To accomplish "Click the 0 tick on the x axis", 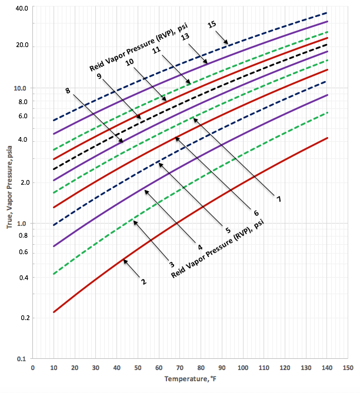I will tap(32, 367).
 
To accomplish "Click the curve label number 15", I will tap(212, 24).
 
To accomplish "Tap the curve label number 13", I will tap(185, 36).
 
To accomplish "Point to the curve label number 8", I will tap(68, 91).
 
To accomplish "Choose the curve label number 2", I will tap(142, 282).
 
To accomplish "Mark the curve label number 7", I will tap(279, 199).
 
